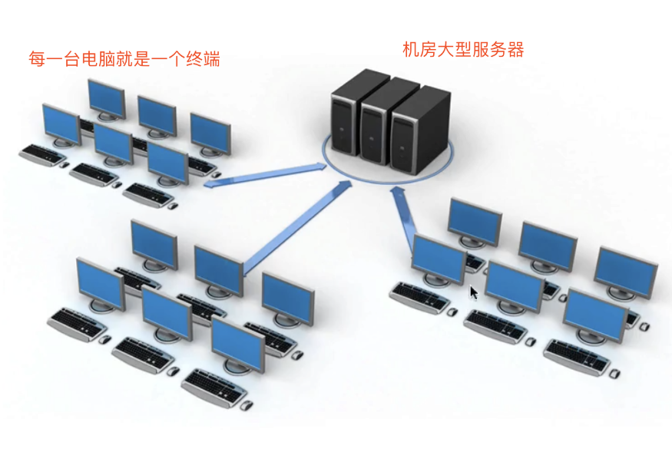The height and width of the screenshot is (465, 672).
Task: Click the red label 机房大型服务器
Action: click(x=463, y=50)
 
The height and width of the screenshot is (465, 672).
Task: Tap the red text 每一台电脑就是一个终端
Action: click(x=124, y=58)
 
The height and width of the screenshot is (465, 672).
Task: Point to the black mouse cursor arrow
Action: click(x=474, y=293)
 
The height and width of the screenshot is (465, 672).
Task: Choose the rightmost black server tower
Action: click(x=420, y=130)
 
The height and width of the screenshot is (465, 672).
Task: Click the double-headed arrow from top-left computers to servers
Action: click(x=265, y=175)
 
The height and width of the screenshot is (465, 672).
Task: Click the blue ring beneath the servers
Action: click(x=387, y=160)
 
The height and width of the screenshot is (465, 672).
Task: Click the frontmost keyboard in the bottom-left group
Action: click(x=214, y=387)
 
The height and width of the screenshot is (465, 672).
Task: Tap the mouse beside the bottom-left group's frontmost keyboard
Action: click(x=246, y=405)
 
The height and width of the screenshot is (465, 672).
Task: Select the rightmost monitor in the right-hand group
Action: click(x=626, y=274)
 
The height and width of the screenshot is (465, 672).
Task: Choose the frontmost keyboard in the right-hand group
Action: click(x=578, y=357)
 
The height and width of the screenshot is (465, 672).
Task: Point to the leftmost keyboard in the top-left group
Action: click(x=41, y=155)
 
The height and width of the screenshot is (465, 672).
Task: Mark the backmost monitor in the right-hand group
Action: click(x=475, y=223)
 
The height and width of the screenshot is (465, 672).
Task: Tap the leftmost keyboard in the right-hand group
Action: click(x=420, y=298)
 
